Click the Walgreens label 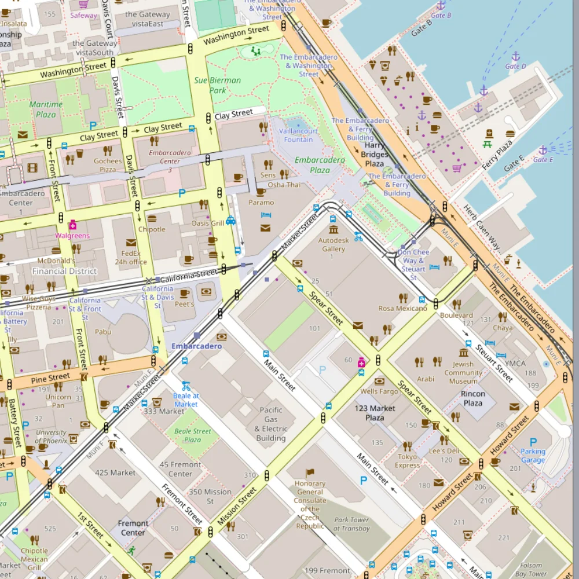click(x=72, y=236)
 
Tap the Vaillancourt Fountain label click(x=299, y=135)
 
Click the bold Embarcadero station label click(x=196, y=346)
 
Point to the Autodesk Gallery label click(x=334, y=244)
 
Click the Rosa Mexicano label click(x=402, y=309)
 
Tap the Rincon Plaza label click(x=472, y=398)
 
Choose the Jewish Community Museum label click(x=463, y=373)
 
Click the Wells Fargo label click(x=379, y=392)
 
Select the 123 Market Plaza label click(x=375, y=413)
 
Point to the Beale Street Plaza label click(x=193, y=435)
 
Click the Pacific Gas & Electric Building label click(x=271, y=424)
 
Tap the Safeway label click(x=84, y=16)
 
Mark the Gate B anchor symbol click(x=441, y=6)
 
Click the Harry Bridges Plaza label click(x=375, y=155)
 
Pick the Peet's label click(x=184, y=304)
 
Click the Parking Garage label click(x=533, y=456)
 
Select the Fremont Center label click(x=133, y=527)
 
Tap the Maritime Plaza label click(x=46, y=109)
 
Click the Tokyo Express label click(x=407, y=461)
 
